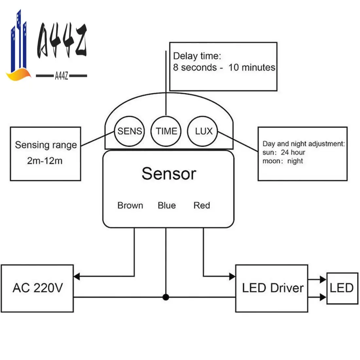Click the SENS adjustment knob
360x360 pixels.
point(130,131)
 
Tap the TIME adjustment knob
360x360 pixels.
point(166,131)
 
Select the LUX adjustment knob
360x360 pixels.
point(203,131)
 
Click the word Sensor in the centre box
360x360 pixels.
point(169,173)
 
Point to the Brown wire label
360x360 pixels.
point(130,206)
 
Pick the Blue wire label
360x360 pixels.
point(167,206)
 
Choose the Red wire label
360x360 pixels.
point(202,206)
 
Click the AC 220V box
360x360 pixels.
point(37,288)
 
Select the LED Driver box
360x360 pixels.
point(272,288)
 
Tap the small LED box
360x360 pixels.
point(342,288)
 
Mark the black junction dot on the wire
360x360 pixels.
point(166,297)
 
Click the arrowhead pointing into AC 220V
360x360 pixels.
point(77,277)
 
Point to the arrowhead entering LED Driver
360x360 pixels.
point(232,277)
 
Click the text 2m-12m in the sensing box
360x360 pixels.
point(45,161)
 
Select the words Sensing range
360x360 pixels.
point(46,145)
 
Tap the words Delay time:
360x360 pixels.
point(197,56)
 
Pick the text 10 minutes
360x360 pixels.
point(252,67)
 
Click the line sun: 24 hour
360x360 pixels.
point(283,153)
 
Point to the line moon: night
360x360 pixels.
point(282,161)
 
